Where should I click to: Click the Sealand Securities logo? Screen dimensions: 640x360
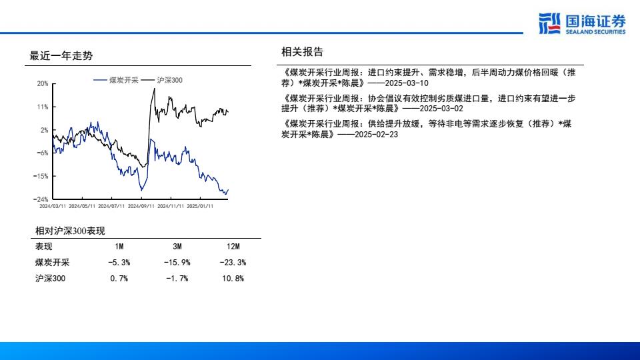pyautogui.click(x=582, y=24)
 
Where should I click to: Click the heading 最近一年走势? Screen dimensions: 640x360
pyautogui.click(x=61, y=56)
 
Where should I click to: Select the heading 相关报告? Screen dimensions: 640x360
pyautogui.click(x=303, y=52)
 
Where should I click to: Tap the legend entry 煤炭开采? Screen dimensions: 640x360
pyautogui.click(x=116, y=81)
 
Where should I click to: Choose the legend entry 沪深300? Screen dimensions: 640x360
pyautogui.click(x=162, y=81)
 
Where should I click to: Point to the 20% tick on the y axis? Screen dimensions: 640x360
pyautogui.click(x=43, y=84)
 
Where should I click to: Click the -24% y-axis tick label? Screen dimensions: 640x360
pyautogui.click(x=41, y=199)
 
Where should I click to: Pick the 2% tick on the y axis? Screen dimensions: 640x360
pyautogui.click(x=44, y=130)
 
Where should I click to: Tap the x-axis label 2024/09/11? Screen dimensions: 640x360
pyautogui.click(x=141, y=206)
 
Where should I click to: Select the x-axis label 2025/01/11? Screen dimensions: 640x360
pyautogui.click(x=200, y=206)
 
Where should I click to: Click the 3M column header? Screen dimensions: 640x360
pyautogui.click(x=177, y=247)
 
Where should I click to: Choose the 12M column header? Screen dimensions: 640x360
pyautogui.click(x=233, y=247)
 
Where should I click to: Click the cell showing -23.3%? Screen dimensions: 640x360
pyautogui.click(x=233, y=263)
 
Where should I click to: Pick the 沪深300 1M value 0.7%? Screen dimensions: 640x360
pyautogui.click(x=119, y=279)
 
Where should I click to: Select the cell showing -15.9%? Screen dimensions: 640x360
pyautogui.click(x=177, y=263)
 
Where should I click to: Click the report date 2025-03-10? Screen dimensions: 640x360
pyautogui.click(x=407, y=83)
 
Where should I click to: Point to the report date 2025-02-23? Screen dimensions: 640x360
pyautogui.click(x=376, y=134)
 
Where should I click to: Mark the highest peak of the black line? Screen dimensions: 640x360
pyautogui.click(x=154, y=89)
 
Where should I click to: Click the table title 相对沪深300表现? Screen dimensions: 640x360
pyautogui.click(x=70, y=231)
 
